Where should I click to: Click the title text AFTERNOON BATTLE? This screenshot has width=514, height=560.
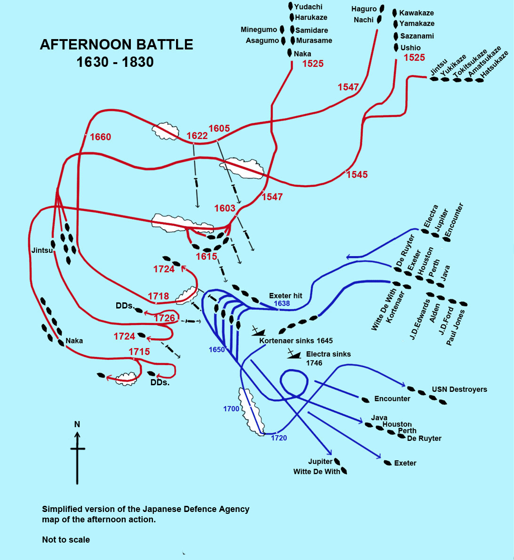point(116,45)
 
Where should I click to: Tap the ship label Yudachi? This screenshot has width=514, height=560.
point(308,7)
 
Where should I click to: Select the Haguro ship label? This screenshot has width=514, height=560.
point(364,9)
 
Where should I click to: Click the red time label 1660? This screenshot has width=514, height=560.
point(100,137)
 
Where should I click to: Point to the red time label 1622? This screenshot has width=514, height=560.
point(197,136)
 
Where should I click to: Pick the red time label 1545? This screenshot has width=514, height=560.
point(357,175)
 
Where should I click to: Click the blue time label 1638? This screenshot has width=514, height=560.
point(282,304)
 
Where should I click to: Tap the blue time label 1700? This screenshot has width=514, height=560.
point(231,409)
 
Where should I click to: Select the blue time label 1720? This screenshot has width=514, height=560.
point(279,438)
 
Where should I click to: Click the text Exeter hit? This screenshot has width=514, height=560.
point(285,296)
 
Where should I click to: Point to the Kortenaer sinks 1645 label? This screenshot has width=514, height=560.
point(296,341)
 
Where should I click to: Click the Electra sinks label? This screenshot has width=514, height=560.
point(328,354)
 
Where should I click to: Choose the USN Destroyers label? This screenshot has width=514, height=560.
point(459,390)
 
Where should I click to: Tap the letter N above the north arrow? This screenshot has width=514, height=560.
point(77,424)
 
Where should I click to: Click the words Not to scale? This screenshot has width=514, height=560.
point(66,540)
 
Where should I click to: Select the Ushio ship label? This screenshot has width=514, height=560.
point(410,48)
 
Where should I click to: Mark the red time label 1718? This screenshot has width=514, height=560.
point(158,296)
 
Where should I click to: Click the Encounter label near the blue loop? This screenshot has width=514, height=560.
point(392,399)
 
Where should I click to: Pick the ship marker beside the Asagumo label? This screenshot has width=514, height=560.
point(283,41)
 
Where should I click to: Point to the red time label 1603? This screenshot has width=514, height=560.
point(225,208)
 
